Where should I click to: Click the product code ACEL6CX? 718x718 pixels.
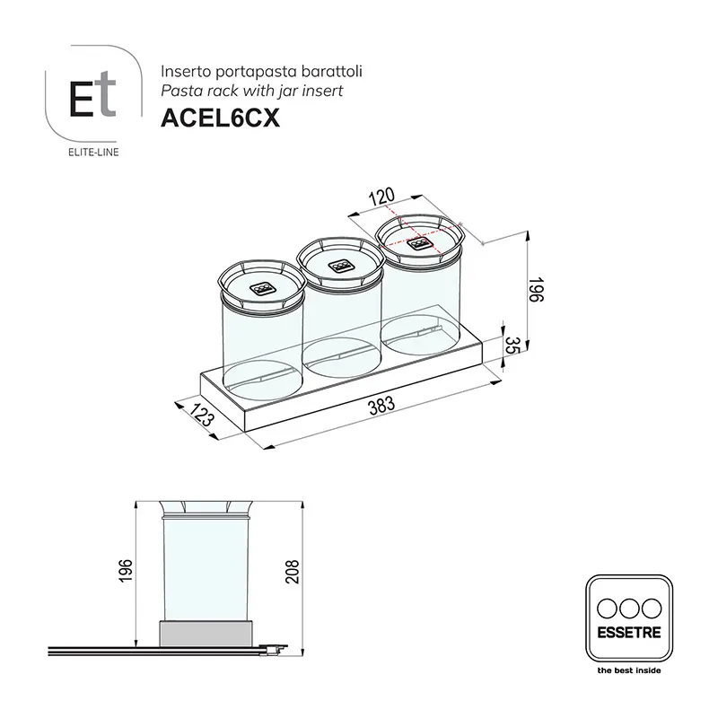[x=220, y=118]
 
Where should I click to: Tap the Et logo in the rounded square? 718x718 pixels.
[x=93, y=96]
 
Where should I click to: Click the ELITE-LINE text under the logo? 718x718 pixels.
[x=93, y=152]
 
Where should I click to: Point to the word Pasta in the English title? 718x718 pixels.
[x=179, y=90]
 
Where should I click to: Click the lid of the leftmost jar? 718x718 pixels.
[x=262, y=285]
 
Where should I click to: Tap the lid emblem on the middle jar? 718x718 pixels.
[x=341, y=265]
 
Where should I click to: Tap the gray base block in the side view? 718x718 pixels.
[x=206, y=635]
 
